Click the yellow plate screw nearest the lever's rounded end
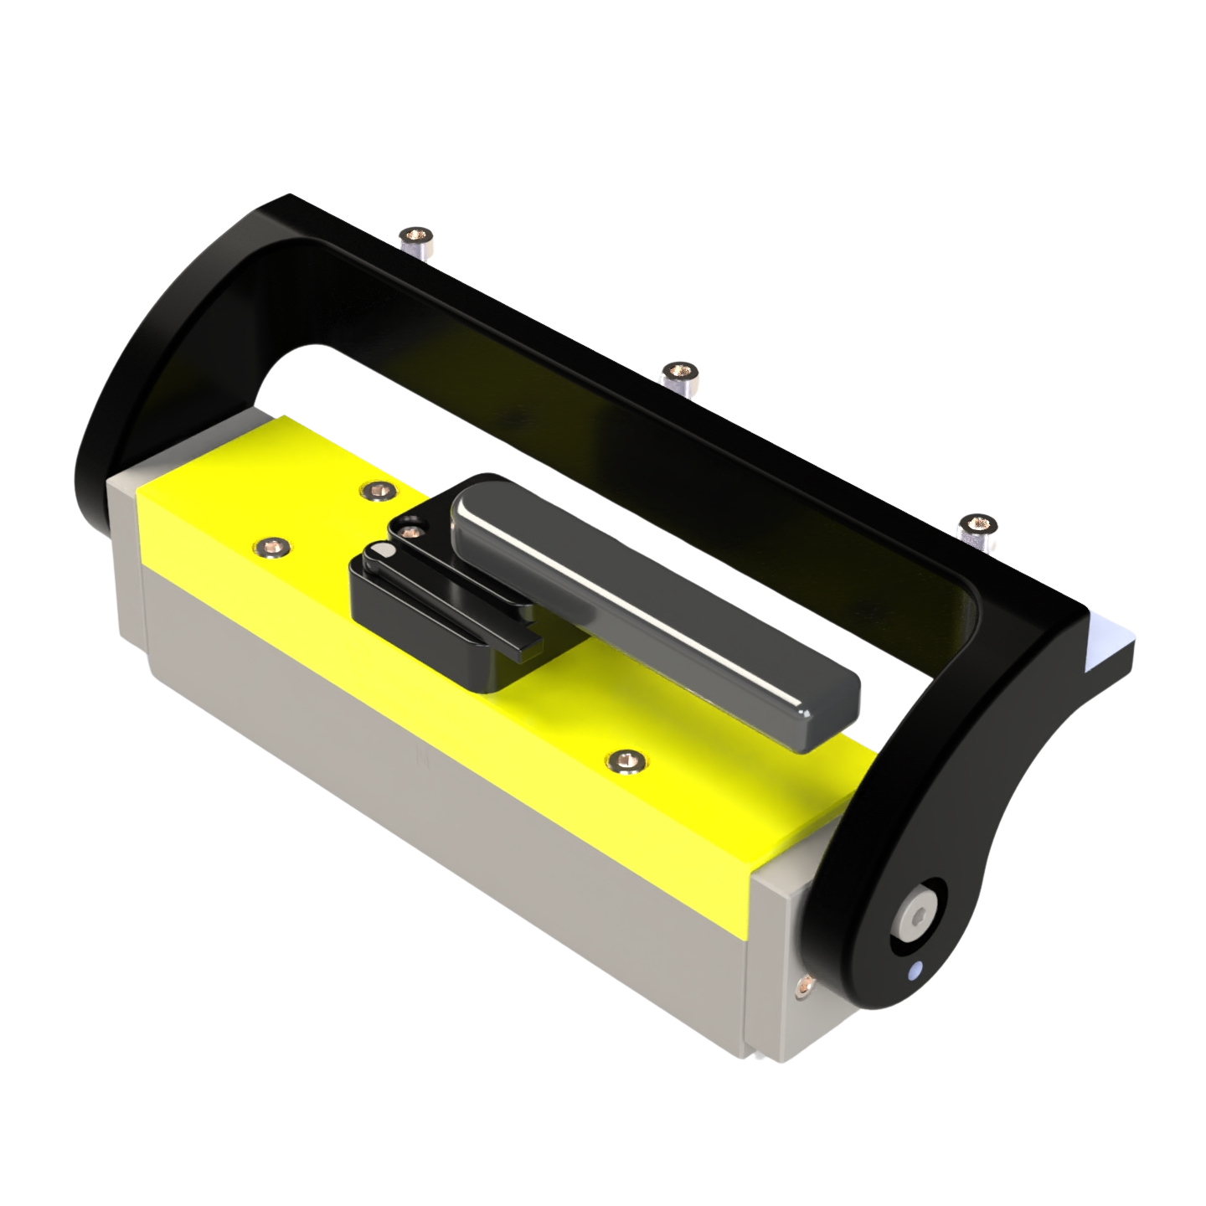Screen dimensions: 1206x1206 coord(376,491)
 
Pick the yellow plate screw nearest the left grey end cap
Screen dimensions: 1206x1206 coord(271,547)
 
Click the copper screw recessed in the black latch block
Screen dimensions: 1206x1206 coord(409,532)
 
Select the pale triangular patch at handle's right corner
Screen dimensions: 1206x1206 coord(1104,644)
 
